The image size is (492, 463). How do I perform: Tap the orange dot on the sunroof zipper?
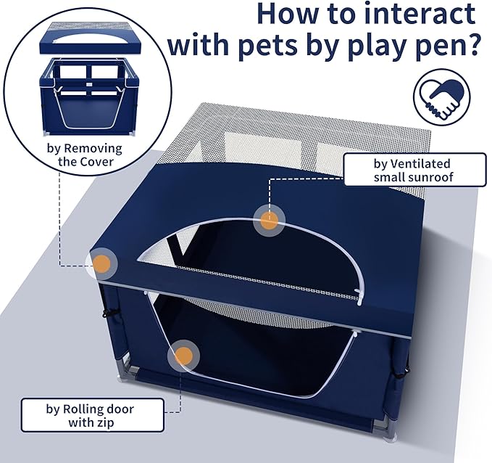(x=269, y=221)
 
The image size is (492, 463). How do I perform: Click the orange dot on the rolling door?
(x=184, y=356)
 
